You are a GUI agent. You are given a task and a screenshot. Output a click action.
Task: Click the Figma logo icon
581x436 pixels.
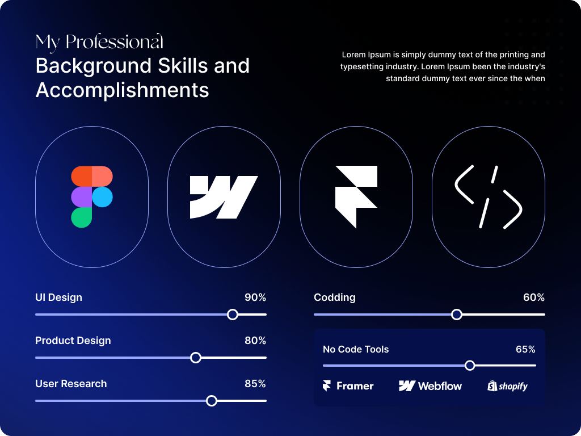(92, 197)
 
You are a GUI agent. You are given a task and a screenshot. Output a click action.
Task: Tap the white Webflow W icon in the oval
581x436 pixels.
(224, 197)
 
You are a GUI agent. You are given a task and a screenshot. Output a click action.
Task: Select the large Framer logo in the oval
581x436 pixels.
(356, 196)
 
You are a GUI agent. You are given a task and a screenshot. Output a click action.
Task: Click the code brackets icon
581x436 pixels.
(488, 197)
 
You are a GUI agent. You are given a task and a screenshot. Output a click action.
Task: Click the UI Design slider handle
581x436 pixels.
(232, 315)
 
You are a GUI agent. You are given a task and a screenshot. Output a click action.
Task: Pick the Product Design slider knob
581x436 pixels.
(196, 358)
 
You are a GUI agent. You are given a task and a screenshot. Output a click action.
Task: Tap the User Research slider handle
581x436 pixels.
(212, 401)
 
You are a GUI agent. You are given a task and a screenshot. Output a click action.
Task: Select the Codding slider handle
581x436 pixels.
(457, 315)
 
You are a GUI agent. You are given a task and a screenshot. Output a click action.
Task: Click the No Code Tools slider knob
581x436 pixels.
(470, 366)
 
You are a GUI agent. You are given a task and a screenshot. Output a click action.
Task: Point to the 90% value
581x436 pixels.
(255, 297)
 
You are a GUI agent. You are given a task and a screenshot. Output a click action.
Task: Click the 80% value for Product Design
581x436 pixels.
(255, 341)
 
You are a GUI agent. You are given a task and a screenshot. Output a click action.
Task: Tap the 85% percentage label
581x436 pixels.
(255, 384)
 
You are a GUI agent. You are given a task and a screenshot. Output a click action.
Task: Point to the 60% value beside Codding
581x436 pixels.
(533, 297)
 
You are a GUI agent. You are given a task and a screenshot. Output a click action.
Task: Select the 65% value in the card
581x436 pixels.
(525, 349)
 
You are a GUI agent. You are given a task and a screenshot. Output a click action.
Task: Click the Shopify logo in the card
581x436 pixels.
(507, 386)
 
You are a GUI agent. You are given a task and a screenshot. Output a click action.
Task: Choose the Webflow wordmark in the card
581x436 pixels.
(431, 386)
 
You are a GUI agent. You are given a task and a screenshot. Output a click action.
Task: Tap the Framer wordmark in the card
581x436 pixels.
(348, 386)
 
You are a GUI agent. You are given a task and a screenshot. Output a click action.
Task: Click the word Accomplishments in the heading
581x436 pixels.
(122, 90)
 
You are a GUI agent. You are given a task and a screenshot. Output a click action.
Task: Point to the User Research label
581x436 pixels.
(71, 384)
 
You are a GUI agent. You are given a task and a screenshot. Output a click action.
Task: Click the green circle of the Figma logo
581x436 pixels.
(82, 217)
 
